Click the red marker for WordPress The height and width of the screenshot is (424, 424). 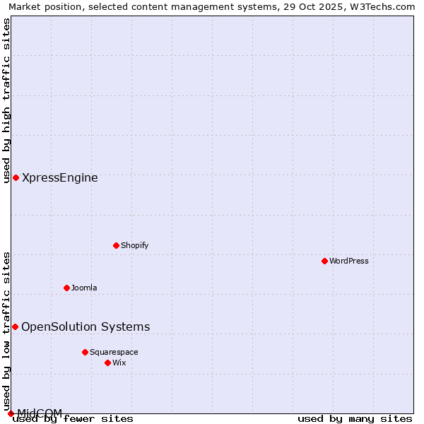(324, 261)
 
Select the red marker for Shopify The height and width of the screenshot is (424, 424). (116, 245)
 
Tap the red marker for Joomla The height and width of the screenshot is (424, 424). (66, 288)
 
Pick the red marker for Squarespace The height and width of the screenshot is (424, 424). (85, 352)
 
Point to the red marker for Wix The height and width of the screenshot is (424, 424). (107, 363)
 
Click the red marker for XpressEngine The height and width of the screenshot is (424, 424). (16, 177)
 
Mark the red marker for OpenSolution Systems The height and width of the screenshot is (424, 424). (15, 326)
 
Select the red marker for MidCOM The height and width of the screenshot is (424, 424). (11, 413)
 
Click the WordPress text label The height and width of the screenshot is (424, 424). (349, 261)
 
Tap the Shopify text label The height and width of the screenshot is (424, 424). (135, 245)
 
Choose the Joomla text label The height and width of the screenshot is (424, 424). (84, 288)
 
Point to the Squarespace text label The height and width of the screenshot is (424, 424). (114, 352)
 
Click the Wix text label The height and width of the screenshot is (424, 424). (119, 363)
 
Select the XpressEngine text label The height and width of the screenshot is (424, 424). (60, 177)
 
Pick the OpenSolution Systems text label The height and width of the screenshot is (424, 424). (86, 326)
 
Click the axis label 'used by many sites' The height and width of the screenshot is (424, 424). (355, 419)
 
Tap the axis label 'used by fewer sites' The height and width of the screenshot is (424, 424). (73, 419)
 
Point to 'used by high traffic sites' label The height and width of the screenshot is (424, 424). (6, 100)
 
